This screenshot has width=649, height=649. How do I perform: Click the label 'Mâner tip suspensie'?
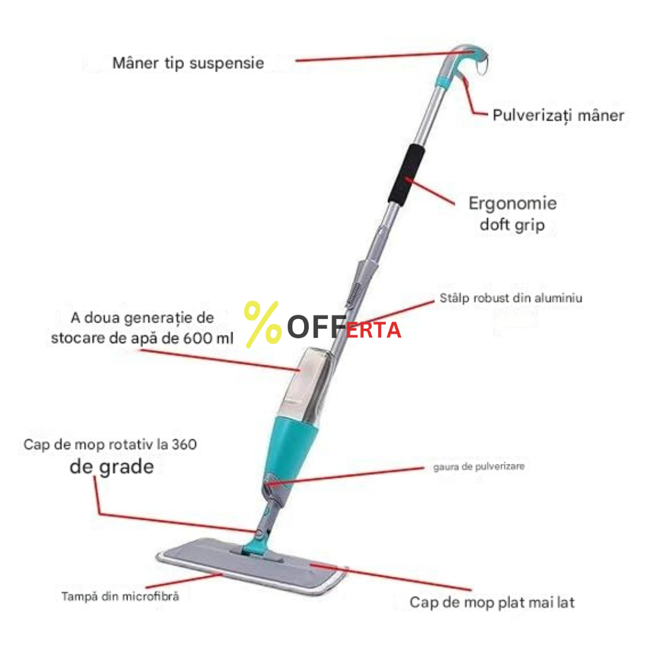click(188, 63)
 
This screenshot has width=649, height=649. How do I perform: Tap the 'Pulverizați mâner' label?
click(558, 115)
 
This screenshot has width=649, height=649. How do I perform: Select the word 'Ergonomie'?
click(513, 204)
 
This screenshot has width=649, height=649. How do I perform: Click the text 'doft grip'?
click(513, 225)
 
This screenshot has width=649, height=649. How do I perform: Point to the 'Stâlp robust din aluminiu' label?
click(511, 298)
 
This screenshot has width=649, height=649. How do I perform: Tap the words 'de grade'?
click(112, 467)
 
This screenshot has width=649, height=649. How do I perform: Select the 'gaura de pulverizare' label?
click(479, 466)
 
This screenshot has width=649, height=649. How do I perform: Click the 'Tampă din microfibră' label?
click(120, 597)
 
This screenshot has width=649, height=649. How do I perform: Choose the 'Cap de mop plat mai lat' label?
click(492, 602)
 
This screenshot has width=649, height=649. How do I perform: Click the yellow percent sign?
click(263, 324)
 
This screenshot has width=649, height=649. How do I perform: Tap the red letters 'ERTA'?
click(373, 331)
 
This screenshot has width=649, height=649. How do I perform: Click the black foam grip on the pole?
click(406, 174)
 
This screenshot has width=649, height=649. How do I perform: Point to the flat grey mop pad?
click(252, 566)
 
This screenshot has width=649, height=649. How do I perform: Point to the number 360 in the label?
click(184, 445)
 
